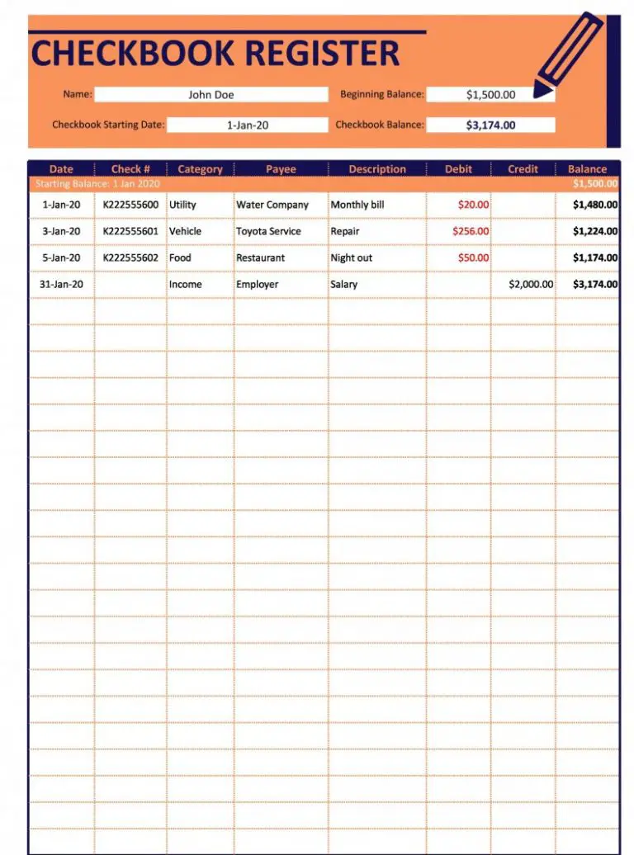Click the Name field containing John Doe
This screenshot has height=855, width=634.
pos(211,94)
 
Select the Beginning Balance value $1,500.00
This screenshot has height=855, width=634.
pos(490,94)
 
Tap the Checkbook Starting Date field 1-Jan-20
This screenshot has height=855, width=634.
pos(248,125)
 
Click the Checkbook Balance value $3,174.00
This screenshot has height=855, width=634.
pos(490,125)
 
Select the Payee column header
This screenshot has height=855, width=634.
pos(281,169)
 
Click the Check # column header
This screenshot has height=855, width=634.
pos(130,169)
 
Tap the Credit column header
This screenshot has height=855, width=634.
pos(523,169)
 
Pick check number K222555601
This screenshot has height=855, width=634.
pos(130,231)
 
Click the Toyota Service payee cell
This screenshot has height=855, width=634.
pos(268,231)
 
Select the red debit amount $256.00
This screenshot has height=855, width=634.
pos(471,231)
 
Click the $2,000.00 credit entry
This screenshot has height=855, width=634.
pos(531,284)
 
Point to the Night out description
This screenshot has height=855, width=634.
pos(352,257)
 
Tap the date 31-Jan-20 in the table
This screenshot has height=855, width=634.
pos(60,284)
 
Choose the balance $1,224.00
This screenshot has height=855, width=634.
pos(595,231)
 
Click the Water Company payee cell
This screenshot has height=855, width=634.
pos(272,205)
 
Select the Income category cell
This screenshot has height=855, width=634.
pos(185,284)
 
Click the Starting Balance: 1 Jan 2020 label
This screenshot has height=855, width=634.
pos(97,184)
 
